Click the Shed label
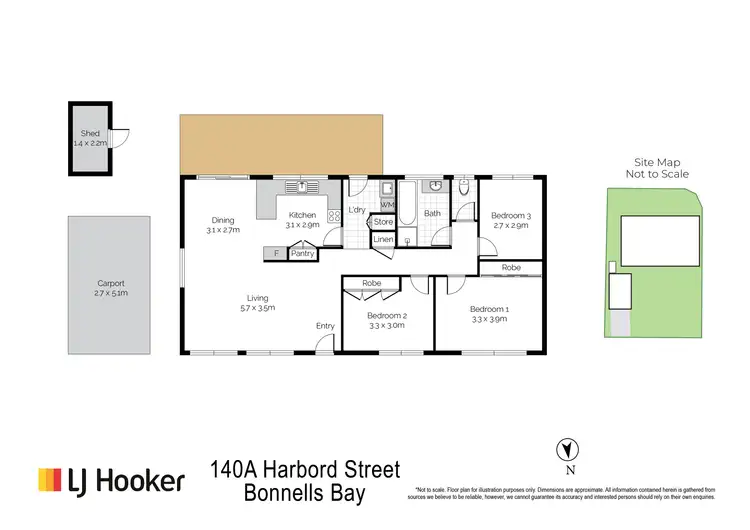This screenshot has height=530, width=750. [91, 133]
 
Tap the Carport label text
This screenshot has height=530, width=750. [109, 284]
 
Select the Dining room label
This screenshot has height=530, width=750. [223, 220]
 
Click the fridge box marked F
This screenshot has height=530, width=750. [277, 254]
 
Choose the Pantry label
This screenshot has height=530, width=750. [302, 254]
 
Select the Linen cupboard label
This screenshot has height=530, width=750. [383, 240]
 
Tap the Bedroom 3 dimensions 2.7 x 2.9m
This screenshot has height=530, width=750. [511, 226]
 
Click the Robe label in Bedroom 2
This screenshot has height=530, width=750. [372, 284]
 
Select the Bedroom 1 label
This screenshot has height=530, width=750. [490, 309]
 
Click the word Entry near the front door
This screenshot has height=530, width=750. [325, 326]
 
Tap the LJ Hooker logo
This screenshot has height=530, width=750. [111, 481]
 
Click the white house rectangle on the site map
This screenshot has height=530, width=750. [660, 242]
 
